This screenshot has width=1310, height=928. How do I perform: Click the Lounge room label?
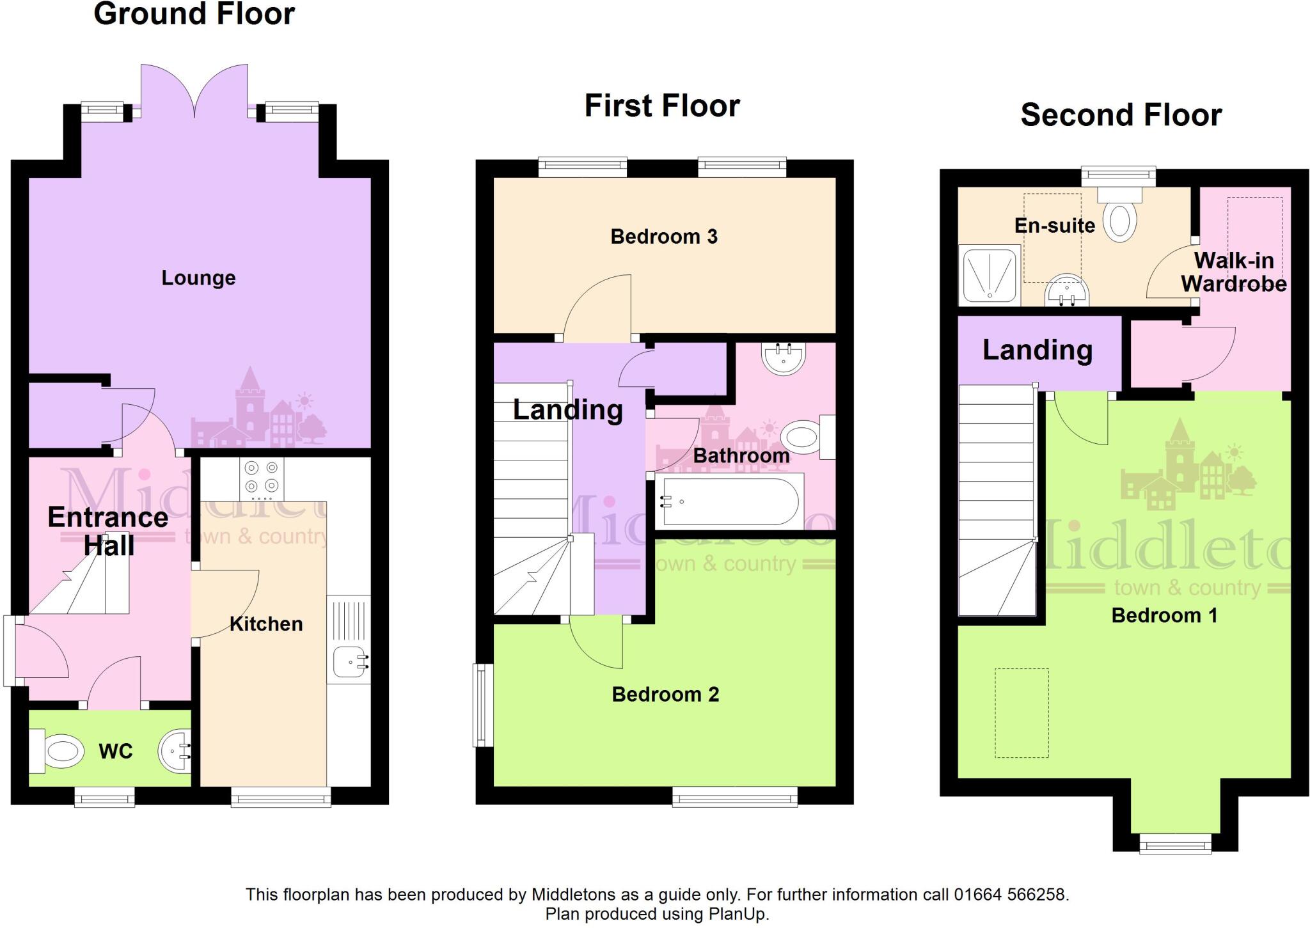[x=198, y=278]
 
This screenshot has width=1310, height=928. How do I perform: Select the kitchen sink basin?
[x=347, y=662]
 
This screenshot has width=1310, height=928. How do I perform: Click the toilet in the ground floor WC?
[x=59, y=750]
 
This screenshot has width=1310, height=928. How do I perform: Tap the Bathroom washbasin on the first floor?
[x=783, y=358]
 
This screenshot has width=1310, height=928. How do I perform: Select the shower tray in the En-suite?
[x=989, y=276]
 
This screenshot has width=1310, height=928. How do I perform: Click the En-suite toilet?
[x=1120, y=217]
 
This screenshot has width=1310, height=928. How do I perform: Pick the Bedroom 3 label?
[x=664, y=237]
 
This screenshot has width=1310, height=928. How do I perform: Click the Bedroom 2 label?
[x=665, y=695]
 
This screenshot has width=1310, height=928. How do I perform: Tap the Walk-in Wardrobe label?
[x=1233, y=272]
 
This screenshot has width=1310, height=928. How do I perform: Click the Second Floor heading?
[x=1121, y=115]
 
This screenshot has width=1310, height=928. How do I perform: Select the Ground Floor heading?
[x=194, y=14]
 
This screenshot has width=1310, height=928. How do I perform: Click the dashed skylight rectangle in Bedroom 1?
[x=1022, y=713]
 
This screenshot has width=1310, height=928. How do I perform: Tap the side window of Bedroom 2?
[x=483, y=705]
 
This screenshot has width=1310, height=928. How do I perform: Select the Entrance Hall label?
[x=108, y=531]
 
